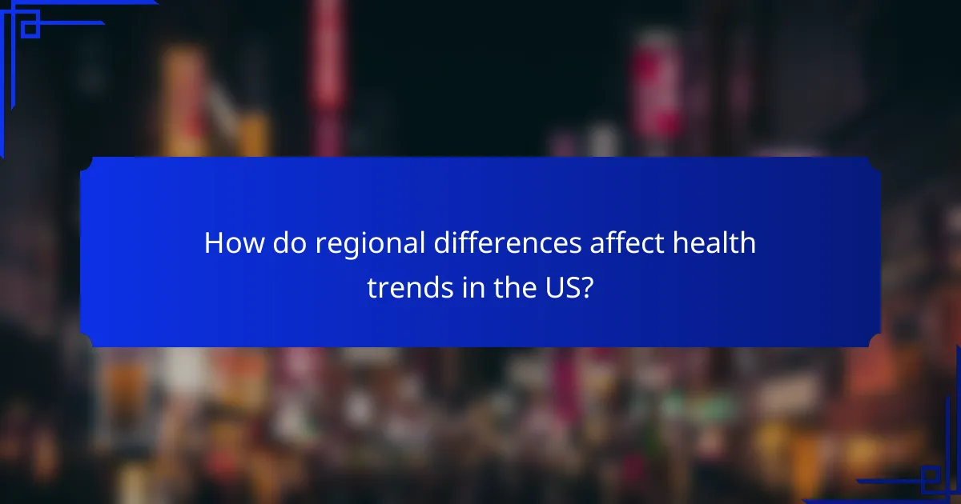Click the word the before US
[x=512, y=288]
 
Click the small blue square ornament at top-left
[x=30, y=29]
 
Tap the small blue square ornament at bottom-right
[x=930, y=478]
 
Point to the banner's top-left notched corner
[x=85, y=162]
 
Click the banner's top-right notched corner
[x=875, y=162]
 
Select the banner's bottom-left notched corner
[x=85, y=342]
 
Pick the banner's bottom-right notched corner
[x=875, y=342]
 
